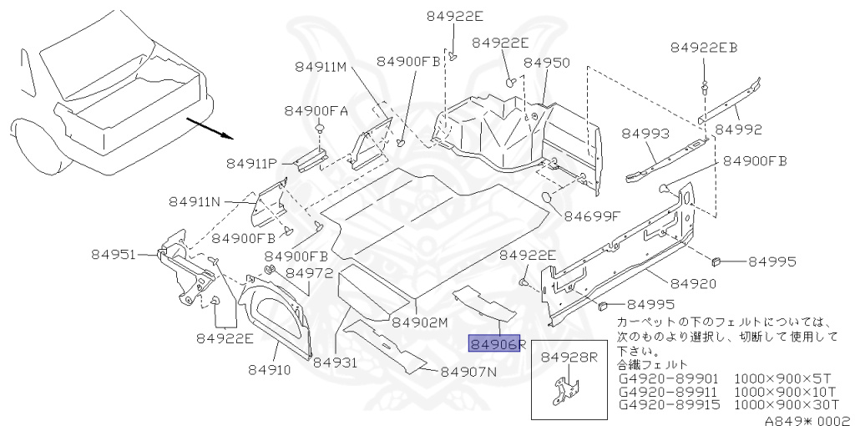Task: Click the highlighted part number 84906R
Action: (494, 343)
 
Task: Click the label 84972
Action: (310, 272)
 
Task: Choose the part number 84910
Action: (269, 367)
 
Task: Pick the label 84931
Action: (335, 363)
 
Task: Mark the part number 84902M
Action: (420, 322)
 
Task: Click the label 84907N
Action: (468, 372)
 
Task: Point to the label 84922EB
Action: (704, 48)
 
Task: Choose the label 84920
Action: (693, 283)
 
